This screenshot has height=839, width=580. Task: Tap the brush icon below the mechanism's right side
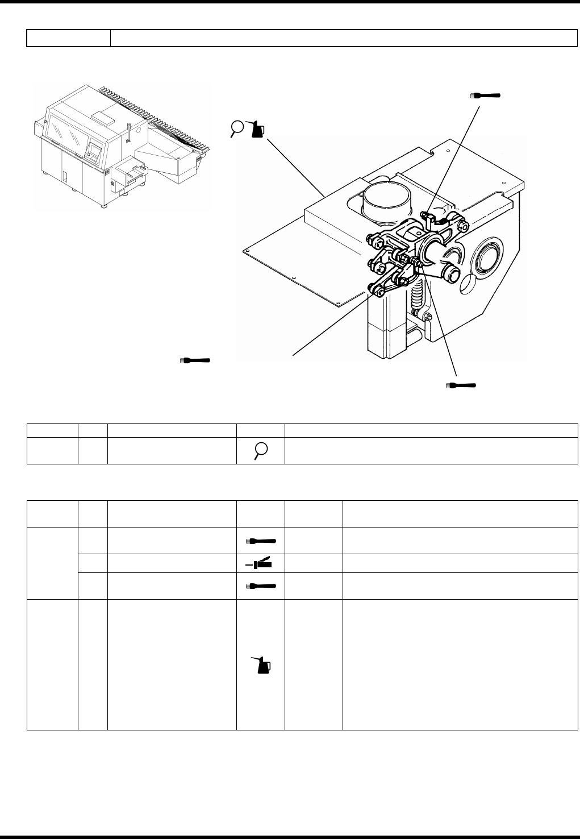click(x=461, y=385)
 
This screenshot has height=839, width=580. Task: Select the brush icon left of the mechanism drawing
click(x=195, y=360)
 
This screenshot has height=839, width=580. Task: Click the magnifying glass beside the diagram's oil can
click(x=238, y=128)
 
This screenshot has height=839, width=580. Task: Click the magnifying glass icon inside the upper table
click(x=261, y=451)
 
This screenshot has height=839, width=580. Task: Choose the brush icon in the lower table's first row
click(x=261, y=541)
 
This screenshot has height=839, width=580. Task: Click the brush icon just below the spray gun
click(x=261, y=586)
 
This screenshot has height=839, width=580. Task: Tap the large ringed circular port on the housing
click(x=488, y=259)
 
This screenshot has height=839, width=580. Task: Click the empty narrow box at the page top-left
click(x=68, y=38)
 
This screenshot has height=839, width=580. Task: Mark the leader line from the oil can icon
click(x=295, y=165)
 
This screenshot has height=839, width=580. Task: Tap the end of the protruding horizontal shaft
click(x=452, y=275)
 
